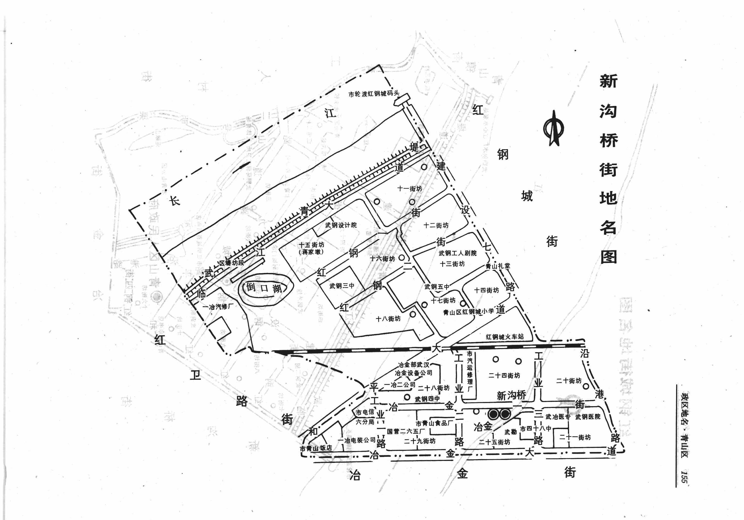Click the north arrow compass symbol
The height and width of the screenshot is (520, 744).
pos(553,130)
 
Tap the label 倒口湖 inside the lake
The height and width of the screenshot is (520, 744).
pos(264,287)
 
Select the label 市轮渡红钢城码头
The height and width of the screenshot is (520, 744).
pos(374,94)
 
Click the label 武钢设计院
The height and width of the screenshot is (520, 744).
pos(341,225)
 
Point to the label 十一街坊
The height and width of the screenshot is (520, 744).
pos(410,188)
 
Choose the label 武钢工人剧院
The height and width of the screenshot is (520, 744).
pos(457,253)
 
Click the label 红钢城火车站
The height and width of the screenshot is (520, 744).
pos(504,337)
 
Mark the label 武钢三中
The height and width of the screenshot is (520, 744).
pos(342,286)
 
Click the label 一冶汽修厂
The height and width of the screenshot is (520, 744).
pos(218,306)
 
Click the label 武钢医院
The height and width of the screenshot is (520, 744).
pos(588,416)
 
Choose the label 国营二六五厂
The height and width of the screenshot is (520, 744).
pos(406,431)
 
